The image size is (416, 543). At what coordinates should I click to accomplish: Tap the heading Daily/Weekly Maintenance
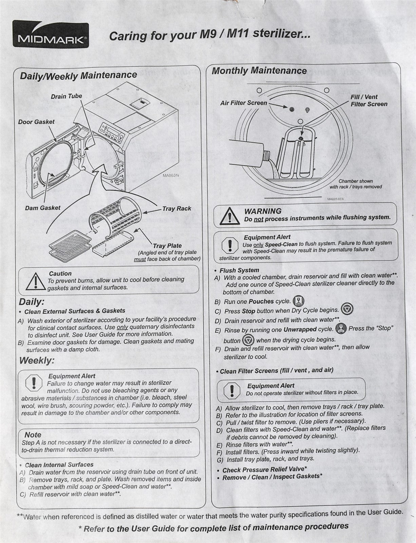point(78,75)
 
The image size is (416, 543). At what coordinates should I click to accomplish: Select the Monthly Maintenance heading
point(259,71)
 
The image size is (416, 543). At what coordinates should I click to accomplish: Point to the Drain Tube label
point(67,96)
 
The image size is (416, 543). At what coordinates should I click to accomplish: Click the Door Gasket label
point(36,121)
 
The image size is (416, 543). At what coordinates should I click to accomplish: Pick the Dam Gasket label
point(43,208)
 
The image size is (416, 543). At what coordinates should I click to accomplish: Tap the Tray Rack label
point(176,208)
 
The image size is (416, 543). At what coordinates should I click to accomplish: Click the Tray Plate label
point(167,246)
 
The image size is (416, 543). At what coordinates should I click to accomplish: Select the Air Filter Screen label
point(244,103)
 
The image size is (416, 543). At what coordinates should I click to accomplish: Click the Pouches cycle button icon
point(299,301)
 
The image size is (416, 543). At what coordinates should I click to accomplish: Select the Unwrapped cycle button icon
point(341,329)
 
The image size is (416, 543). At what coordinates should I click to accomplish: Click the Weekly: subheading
point(37,360)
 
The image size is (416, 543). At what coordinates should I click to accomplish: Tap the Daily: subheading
point(32,302)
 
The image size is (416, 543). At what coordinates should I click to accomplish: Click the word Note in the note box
point(33,435)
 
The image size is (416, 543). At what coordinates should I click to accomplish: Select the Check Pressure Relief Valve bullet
point(265,470)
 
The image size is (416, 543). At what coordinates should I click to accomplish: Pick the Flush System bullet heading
point(239,270)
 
